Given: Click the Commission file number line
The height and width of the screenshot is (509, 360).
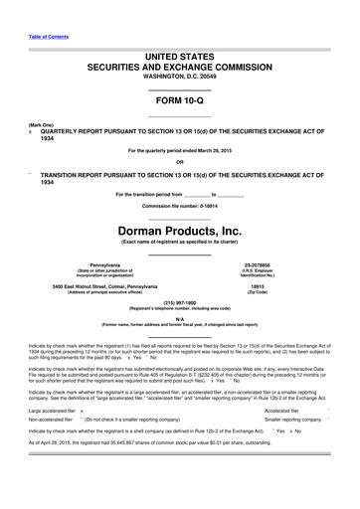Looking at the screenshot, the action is (179, 190).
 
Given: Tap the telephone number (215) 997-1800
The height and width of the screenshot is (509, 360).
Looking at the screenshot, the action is (179, 303).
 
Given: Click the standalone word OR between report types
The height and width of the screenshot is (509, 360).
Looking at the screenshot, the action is (179, 161).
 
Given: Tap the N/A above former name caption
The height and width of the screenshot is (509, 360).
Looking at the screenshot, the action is (179, 319).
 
